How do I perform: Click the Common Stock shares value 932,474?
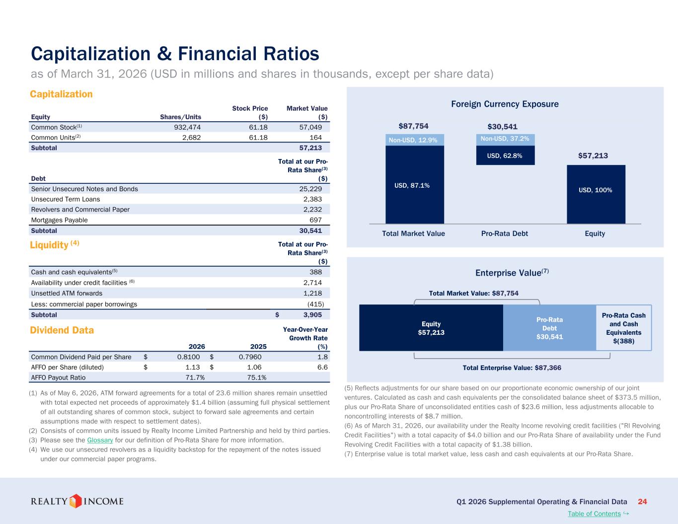(187, 127)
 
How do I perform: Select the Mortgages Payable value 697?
(315, 220)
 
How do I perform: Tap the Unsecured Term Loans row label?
(66, 199)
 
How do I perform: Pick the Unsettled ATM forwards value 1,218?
(312, 293)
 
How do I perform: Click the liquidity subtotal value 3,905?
(312, 315)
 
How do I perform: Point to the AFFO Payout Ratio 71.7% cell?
(195, 377)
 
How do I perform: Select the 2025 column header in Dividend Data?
(258, 347)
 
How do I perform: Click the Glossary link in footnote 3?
(100, 440)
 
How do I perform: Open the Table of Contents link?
(594, 514)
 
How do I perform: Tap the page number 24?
(642, 502)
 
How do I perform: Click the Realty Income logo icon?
(75, 501)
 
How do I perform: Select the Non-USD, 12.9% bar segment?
(415, 140)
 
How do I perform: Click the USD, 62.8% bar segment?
(505, 155)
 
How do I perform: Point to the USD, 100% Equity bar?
(596, 194)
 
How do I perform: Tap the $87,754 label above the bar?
(413, 126)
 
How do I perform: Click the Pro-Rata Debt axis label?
(505, 233)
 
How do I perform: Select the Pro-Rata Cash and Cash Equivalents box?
(624, 328)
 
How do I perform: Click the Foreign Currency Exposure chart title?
(505, 104)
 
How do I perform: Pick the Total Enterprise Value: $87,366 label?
(512, 368)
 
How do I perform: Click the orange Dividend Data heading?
(62, 330)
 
